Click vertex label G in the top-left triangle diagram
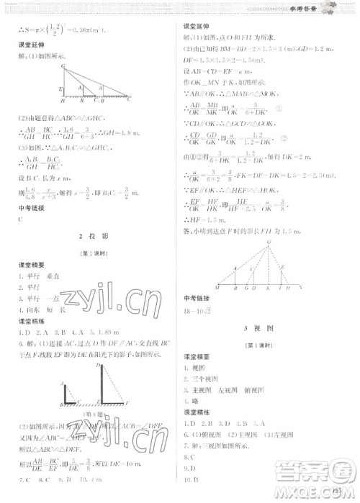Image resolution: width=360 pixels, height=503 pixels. [x=63, y=65]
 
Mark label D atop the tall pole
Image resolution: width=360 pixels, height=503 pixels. [x=96, y=366]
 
